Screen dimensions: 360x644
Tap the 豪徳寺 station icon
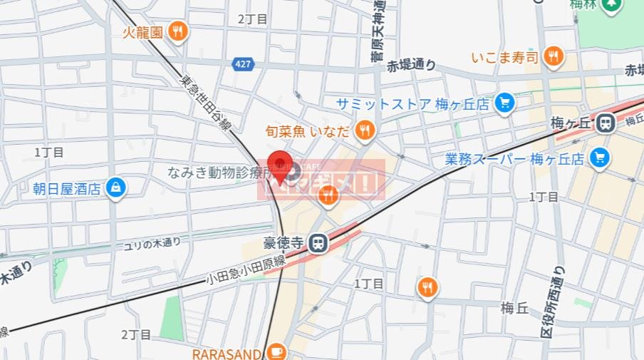tap(318, 244)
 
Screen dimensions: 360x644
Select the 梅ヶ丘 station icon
tap(606, 123)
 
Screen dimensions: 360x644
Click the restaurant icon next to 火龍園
tap(178, 31)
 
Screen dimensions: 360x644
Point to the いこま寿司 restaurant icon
tap(552, 56)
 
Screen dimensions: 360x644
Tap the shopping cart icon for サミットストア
tap(504, 103)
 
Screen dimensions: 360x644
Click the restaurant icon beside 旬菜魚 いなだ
tap(365, 129)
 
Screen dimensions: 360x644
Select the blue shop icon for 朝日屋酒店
tap(115, 187)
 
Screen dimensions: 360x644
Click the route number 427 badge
tap(243, 64)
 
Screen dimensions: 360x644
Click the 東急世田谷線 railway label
tap(206, 103)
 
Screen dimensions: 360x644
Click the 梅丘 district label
tap(514, 308)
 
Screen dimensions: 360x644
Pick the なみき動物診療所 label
tap(218, 173)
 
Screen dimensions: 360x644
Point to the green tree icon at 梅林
tap(611, 6)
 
